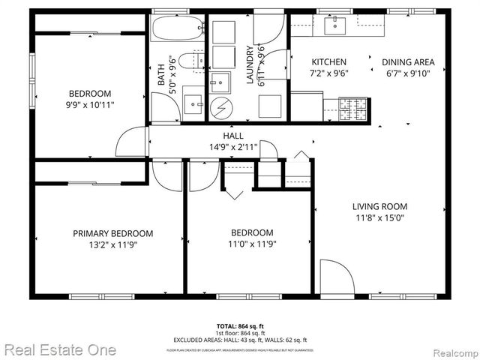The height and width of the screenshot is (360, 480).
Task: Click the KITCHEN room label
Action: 329,62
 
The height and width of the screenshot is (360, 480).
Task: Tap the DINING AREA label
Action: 408,62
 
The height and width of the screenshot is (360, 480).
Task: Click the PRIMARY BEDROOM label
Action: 112,233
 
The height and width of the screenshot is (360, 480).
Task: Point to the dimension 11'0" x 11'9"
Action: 251,244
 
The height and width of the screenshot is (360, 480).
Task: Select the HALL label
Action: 233,136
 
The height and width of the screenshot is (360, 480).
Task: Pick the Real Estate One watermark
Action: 60,349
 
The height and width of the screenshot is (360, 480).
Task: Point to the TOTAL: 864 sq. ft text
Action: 240,326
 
